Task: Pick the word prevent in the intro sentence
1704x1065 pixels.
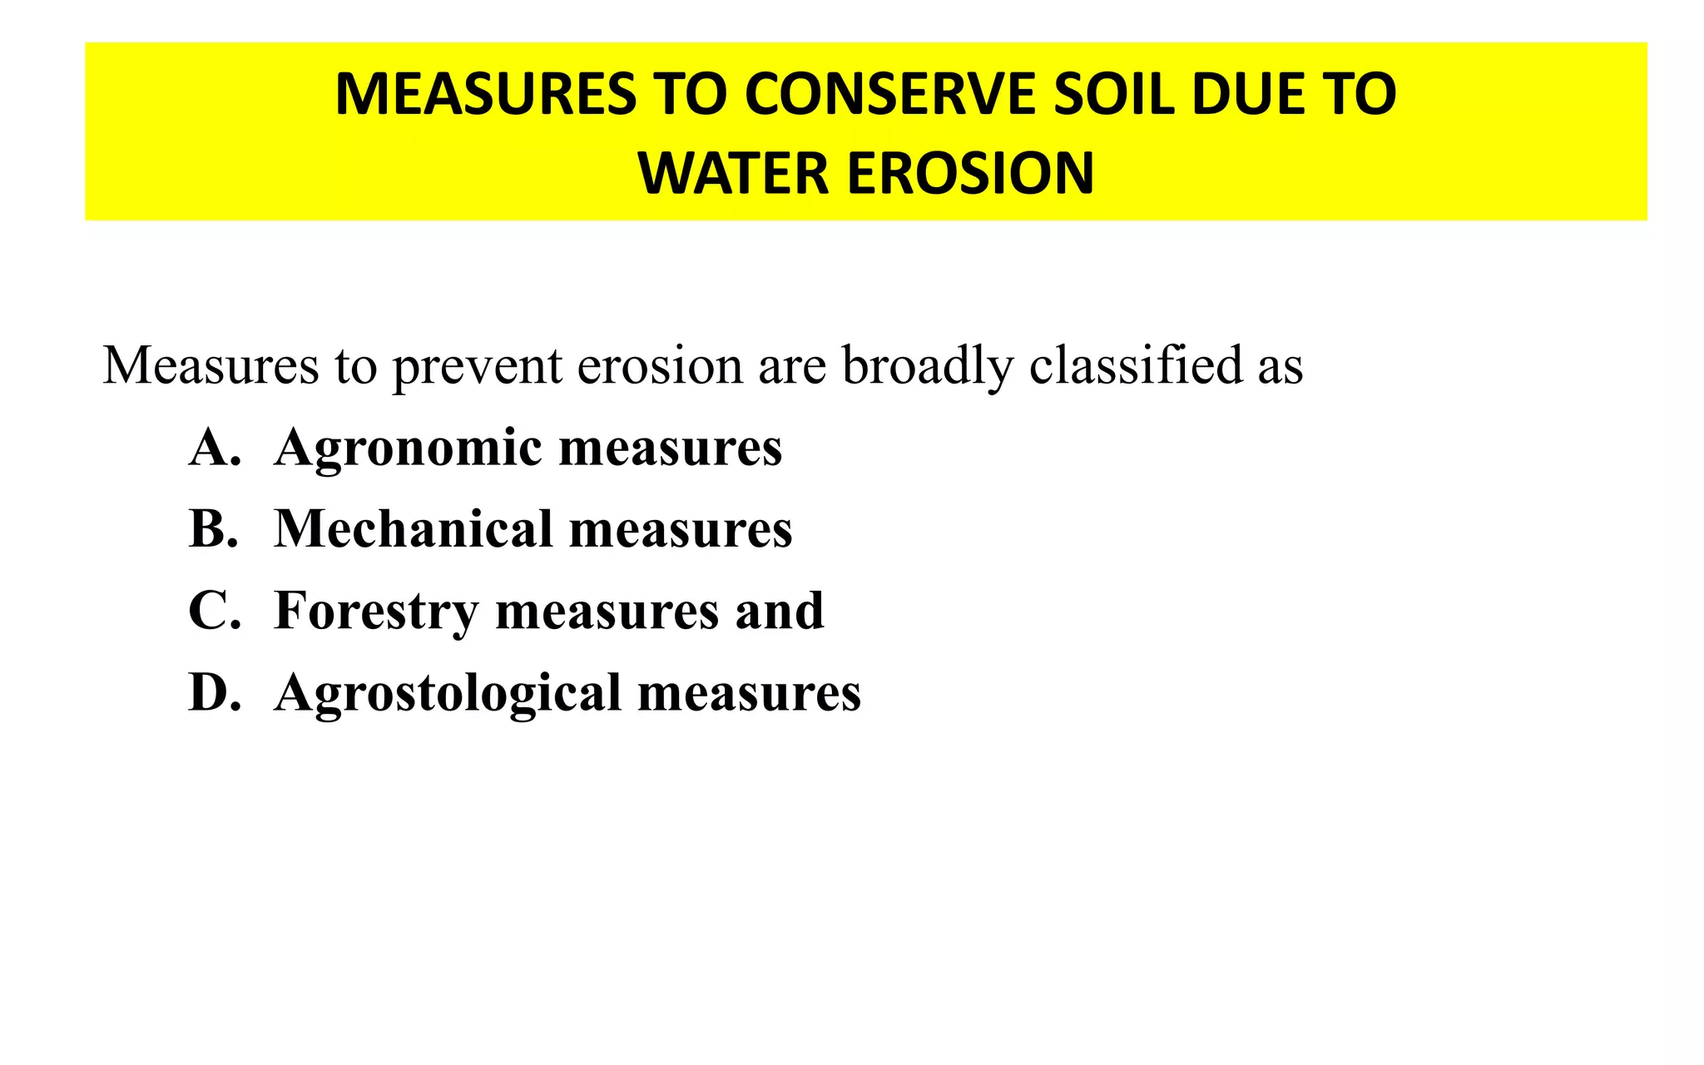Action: click(478, 366)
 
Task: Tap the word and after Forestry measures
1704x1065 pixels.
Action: click(779, 611)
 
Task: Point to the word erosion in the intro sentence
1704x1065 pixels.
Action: click(660, 366)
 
